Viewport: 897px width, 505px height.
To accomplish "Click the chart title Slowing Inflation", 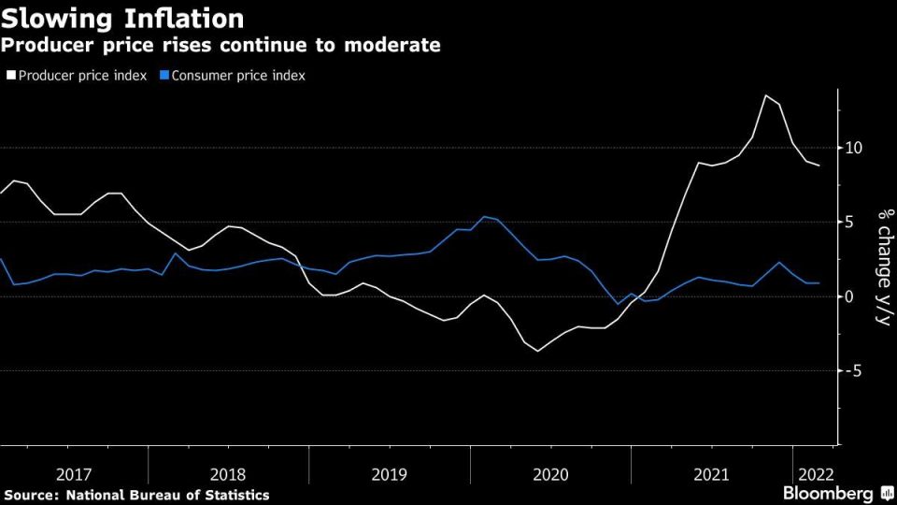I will point(122,18).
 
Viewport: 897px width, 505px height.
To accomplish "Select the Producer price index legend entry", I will point(78,75).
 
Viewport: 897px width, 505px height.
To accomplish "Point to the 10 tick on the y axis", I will point(852,148).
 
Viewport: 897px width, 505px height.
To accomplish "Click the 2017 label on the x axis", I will point(73,474).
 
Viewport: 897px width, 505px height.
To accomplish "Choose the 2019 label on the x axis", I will point(390,474).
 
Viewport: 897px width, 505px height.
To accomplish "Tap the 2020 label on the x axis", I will point(550,474).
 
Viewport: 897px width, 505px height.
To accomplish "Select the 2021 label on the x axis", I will point(712,474).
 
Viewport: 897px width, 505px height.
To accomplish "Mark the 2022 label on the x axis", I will point(812,474).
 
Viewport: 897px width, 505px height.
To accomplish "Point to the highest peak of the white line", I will point(765,95).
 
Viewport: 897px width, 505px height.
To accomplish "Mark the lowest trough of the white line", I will point(537,351).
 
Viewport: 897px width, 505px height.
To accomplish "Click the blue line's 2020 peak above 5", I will point(484,217).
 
